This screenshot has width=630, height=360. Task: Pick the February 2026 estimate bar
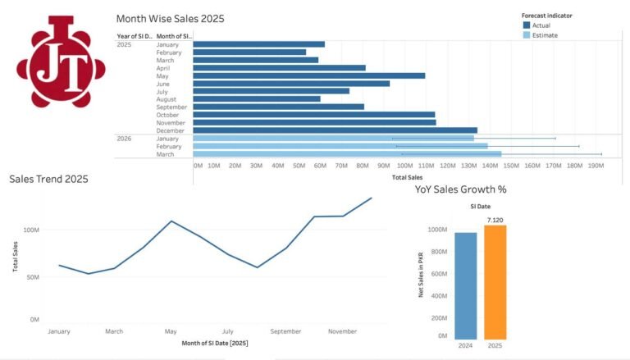[340, 146]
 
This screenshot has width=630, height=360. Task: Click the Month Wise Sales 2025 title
[170, 18]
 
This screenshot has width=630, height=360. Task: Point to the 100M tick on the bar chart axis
[407, 165]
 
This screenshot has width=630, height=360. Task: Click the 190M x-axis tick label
[596, 165]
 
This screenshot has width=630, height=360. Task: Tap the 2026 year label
[124, 139]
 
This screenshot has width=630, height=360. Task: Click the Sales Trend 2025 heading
[48, 179]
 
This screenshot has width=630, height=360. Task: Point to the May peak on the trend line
[171, 221]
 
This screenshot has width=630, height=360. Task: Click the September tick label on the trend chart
[286, 331]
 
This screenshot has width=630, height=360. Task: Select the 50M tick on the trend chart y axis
[32, 277]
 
